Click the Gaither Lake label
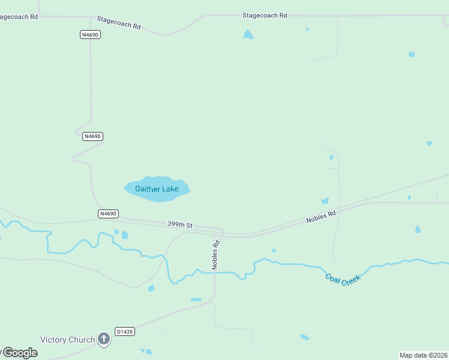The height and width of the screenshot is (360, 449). click(157, 189)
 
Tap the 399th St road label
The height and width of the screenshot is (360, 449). click(179, 225)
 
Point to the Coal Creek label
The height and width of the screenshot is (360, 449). click(343, 279)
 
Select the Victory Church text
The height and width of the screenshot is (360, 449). click(67, 340)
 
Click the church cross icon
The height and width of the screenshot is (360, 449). click(104, 340)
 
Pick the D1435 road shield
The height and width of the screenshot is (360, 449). click(125, 331)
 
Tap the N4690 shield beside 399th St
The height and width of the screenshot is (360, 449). click(108, 214)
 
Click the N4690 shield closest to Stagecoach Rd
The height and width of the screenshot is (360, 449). click(89, 35)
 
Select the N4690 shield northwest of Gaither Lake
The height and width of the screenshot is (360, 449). click(92, 136)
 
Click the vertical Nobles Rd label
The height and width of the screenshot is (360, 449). click(215, 254)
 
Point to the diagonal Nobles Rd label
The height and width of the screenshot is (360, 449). click(321, 216)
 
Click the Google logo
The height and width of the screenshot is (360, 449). click(20, 353)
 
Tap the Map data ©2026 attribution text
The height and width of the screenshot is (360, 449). click(423, 355)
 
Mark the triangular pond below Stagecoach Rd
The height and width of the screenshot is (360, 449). click(248, 35)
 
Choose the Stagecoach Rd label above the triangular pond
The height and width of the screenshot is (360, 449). click(265, 16)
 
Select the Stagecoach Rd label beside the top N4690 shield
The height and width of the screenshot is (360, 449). click(119, 26)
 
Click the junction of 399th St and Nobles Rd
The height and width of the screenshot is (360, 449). click(223, 232)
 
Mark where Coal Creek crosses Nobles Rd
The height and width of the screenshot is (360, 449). click(214, 273)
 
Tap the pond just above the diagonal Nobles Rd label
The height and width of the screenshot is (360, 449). click(325, 201)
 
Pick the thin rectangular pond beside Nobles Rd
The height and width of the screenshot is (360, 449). click(196, 299)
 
